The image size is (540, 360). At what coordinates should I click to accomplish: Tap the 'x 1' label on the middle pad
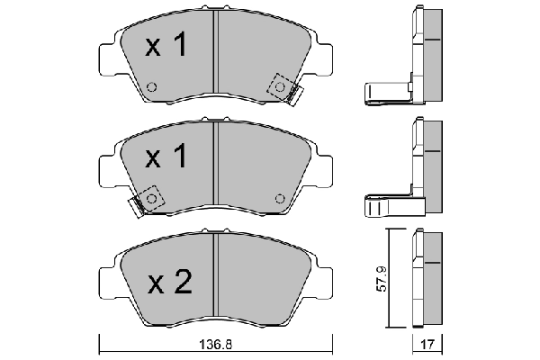167,158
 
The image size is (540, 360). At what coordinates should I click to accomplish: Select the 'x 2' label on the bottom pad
169,283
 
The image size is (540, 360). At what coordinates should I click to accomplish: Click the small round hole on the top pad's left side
151,88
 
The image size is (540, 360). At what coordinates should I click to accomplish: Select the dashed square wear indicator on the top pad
282,86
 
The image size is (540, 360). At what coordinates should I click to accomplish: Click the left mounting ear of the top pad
105,59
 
